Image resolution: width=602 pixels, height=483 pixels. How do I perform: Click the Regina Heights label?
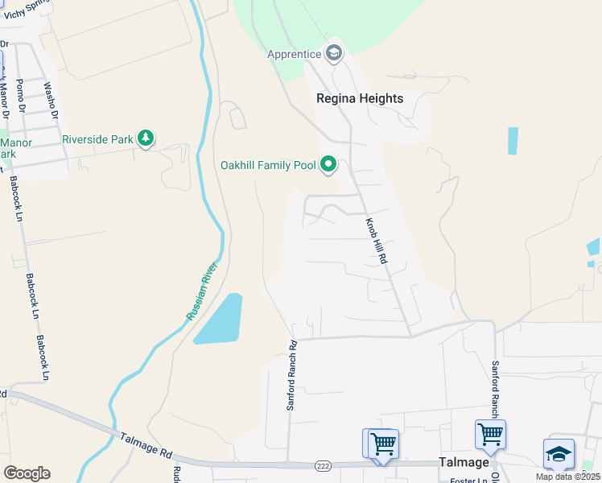358,98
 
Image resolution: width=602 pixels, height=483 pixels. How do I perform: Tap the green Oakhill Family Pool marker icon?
328,165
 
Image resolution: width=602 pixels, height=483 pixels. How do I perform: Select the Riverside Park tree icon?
146,139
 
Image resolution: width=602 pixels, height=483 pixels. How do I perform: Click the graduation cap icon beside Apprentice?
333,55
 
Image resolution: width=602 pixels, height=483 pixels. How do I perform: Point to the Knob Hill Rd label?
377,242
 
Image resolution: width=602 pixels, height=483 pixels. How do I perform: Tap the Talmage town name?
464,462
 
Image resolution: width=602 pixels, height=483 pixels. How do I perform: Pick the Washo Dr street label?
51,100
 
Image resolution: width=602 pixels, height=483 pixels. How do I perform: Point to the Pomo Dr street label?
22,95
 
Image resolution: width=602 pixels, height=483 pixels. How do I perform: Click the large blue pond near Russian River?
218,320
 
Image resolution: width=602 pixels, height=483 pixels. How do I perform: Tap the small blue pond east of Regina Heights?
513,141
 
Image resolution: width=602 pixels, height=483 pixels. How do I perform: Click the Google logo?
27,473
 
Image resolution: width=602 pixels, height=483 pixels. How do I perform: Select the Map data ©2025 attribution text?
568,477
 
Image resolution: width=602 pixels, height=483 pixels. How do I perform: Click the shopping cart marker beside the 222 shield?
382,442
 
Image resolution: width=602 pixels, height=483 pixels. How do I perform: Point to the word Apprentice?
295,55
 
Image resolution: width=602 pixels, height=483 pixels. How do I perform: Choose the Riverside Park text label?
97,139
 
